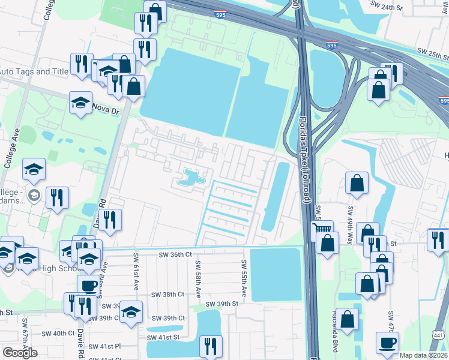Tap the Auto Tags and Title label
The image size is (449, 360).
click(x=34, y=71)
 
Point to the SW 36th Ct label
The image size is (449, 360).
click(x=175, y=254)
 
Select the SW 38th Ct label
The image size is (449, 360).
click(x=167, y=295)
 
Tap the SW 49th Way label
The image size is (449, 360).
click(x=351, y=223)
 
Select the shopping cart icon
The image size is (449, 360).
click(x=322, y=229)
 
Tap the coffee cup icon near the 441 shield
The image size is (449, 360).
click(x=387, y=343)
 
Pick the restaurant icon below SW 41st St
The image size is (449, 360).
click(x=211, y=346)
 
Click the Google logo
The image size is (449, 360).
click(x=20, y=353)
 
